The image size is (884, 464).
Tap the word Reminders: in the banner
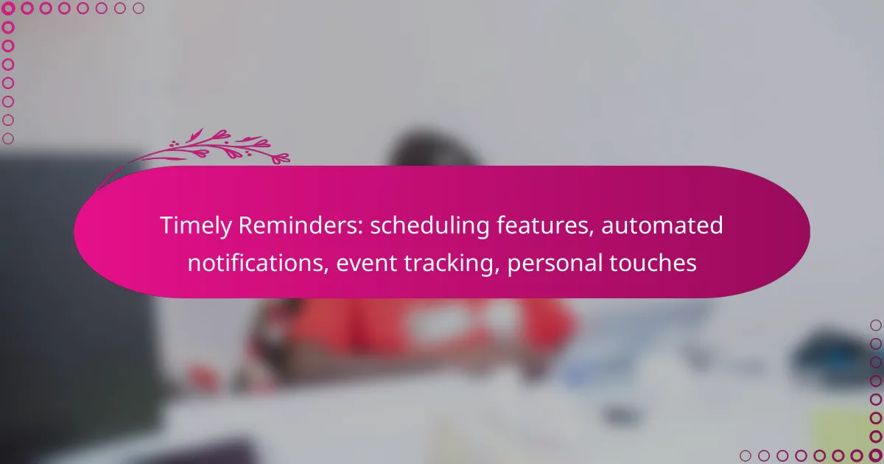[x=301, y=225]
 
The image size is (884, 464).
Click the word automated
[x=662, y=225]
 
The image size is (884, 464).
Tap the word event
[x=367, y=264]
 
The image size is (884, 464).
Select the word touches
[x=653, y=263]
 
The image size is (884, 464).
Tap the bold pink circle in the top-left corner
[x=8, y=8]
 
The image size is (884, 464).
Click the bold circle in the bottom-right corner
[x=876, y=456]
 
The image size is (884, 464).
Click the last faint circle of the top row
[x=138, y=8]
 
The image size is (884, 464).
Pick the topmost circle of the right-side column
[x=876, y=325]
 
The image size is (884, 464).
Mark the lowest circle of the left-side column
[x=8, y=138]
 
